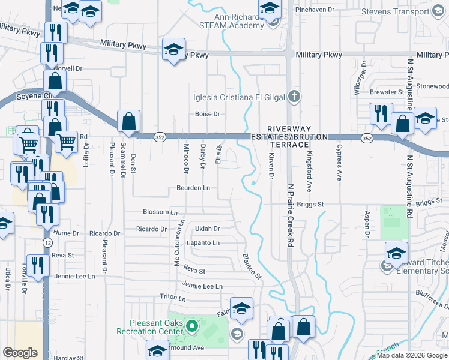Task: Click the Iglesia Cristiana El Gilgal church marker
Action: [294, 95]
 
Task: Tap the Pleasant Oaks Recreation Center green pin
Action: [192, 327]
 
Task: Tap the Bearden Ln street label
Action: [193, 188]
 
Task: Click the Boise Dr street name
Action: [208, 114]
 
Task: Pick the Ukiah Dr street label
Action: [208, 229]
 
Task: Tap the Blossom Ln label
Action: [160, 212]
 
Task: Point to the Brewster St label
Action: [387, 92]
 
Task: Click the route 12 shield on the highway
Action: [47, 242]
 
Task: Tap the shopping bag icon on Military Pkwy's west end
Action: [55, 81]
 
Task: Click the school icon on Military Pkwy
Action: [173, 49]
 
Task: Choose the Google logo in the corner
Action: [20, 352]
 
